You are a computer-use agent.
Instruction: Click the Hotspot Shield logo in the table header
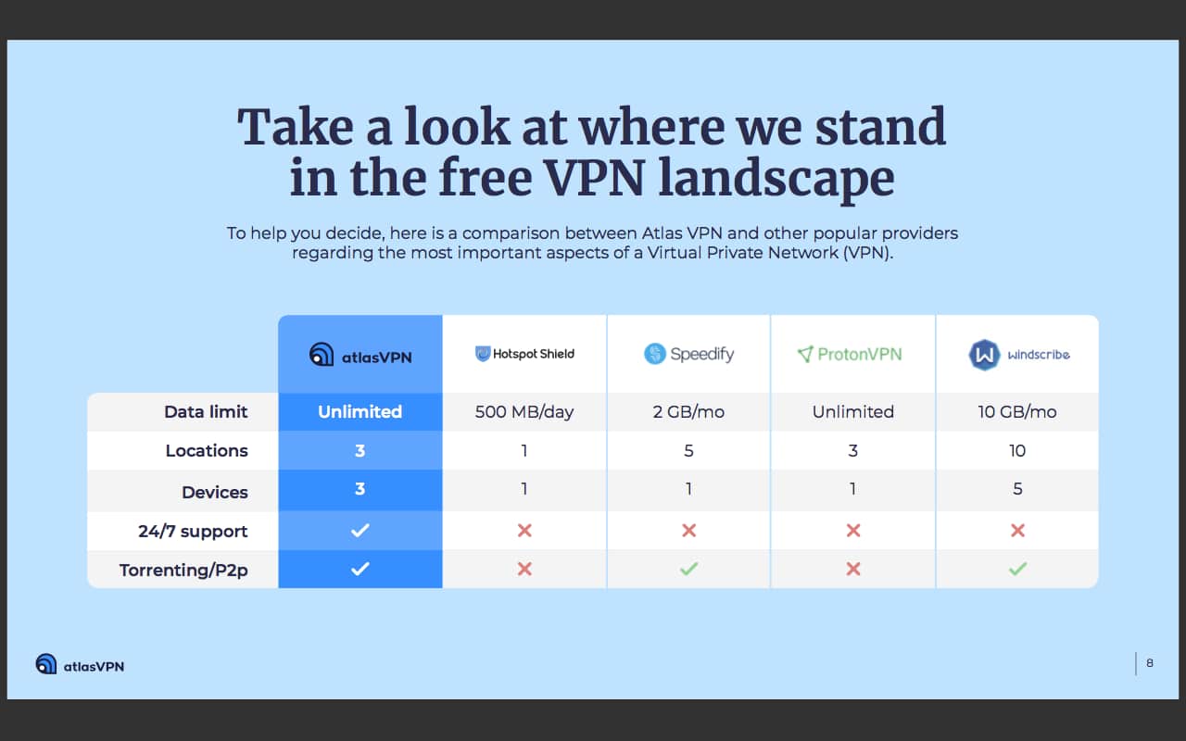click(524, 354)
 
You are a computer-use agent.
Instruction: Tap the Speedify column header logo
click(688, 354)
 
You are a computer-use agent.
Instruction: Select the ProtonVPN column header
click(849, 354)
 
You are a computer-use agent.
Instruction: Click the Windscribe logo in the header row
click(1018, 354)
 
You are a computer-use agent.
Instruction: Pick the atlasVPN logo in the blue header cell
click(360, 355)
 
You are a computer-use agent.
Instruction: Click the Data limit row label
click(206, 412)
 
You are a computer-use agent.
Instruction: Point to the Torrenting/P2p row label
click(183, 570)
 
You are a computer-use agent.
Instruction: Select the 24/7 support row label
click(193, 531)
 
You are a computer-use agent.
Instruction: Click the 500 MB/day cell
click(524, 412)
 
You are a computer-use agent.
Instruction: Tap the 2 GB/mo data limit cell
click(688, 412)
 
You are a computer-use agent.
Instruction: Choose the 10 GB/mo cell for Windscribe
click(1017, 412)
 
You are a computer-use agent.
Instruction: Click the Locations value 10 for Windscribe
click(1017, 451)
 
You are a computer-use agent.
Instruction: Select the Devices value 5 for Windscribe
click(1017, 490)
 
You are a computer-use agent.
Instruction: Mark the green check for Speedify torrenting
click(688, 569)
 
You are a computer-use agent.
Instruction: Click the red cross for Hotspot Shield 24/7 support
click(524, 531)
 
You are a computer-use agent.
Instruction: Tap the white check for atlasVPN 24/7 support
click(360, 531)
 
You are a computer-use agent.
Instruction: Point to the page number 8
click(1150, 663)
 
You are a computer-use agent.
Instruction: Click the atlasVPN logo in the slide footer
click(80, 665)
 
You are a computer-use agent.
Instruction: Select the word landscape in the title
click(776, 178)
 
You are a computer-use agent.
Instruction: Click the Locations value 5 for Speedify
click(688, 451)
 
